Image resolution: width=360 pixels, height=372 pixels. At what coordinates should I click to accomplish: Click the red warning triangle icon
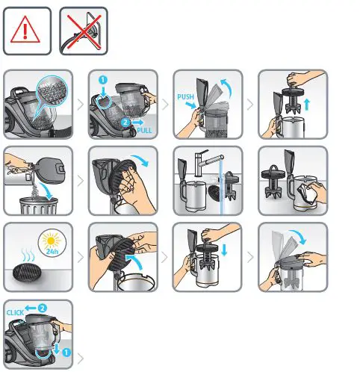coord(28,31)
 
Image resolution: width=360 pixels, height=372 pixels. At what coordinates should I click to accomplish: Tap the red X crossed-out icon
coord(83,31)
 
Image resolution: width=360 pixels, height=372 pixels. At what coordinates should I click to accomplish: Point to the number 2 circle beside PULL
coord(125,120)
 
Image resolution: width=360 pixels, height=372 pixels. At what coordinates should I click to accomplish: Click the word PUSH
coord(186,96)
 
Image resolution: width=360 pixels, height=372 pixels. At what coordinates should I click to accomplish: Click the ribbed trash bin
coord(36,201)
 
